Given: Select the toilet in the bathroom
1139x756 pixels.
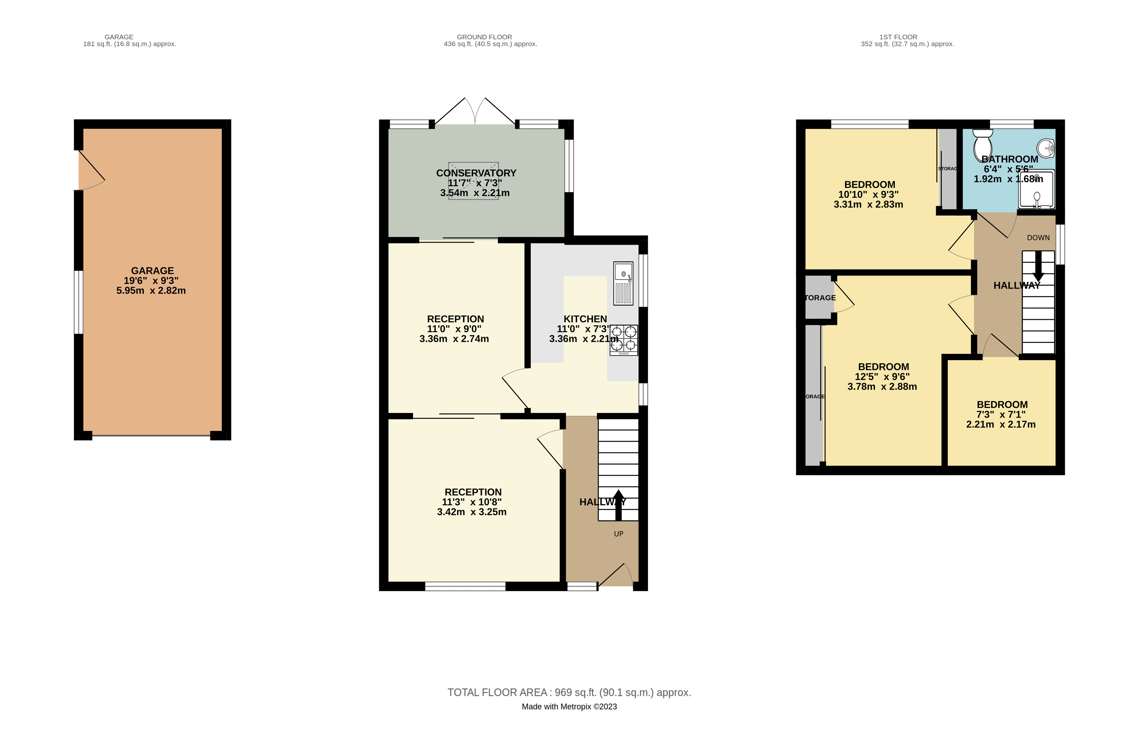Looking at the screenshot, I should (982, 143).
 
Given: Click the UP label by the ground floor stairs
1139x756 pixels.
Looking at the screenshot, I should (618, 534).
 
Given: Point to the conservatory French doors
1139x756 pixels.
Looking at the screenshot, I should (475, 112).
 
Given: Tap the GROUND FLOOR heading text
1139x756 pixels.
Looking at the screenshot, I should (484, 37).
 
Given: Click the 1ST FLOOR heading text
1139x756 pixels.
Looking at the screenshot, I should (898, 37).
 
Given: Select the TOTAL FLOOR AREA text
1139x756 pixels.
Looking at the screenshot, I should (569, 692).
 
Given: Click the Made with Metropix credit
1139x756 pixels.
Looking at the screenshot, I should (569, 707).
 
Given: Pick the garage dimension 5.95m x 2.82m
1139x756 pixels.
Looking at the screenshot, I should (151, 291).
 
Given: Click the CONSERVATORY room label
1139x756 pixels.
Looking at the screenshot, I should (476, 173).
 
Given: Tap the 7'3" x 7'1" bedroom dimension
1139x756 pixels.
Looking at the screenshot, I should (1001, 415).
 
